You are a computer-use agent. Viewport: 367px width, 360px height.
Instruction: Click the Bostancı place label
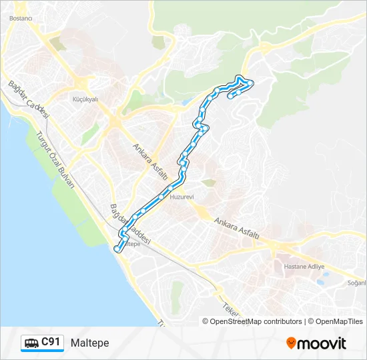[x=20, y=19]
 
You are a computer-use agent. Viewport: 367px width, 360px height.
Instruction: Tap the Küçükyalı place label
[x=84, y=99]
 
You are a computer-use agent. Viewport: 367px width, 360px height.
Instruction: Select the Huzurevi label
[x=181, y=197]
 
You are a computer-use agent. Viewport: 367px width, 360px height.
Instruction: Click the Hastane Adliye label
[x=304, y=266]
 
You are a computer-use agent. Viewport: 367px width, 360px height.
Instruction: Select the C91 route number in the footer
[x=51, y=342]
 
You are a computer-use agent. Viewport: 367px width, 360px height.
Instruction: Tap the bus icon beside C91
[x=31, y=343]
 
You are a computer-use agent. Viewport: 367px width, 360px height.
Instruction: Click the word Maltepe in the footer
[x=89, y=343]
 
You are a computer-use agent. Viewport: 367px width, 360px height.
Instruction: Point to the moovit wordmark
[x=322, y=343]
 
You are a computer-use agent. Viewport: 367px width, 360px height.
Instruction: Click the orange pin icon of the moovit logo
[x=291, y=343]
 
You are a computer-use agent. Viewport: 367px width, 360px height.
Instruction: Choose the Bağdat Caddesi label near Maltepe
[x=131, y=223]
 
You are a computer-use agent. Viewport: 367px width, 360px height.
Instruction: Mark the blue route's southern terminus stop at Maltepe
[x=117, y=249]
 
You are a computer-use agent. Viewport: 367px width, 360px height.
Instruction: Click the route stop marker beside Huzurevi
[x=161, y=197]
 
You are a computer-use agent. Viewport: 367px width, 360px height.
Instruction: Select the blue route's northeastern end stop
[x=231, y=96]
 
